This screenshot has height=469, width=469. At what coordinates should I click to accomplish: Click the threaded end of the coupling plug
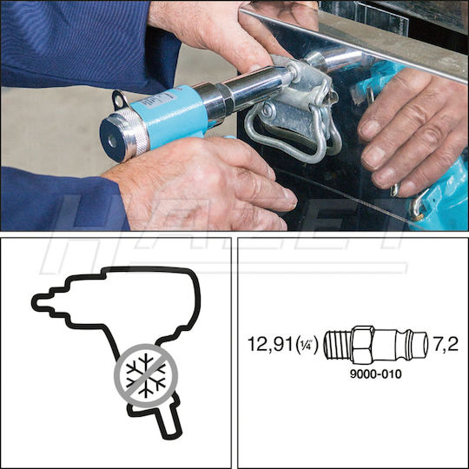pos(335,345)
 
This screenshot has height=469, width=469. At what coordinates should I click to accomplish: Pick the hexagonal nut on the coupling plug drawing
pos(364,345)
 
